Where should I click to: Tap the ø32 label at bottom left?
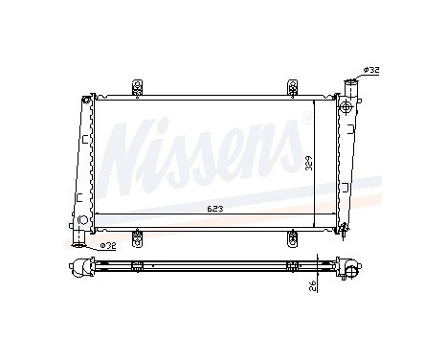pyautogui.click(x=107, y=244)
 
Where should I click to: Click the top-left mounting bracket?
pyautogui.click(x=138, y=86)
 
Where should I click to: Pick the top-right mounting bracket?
pyautogui.click(x=290, y=86)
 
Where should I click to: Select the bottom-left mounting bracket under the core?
pyautogui.click(x=138, y=234)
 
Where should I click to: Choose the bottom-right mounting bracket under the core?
pyautogui.click(x=290, y=234)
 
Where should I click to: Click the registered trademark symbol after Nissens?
pyautogui.click(x=304, y=121)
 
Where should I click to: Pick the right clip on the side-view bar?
pyautogui.click(x=290, y=265)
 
